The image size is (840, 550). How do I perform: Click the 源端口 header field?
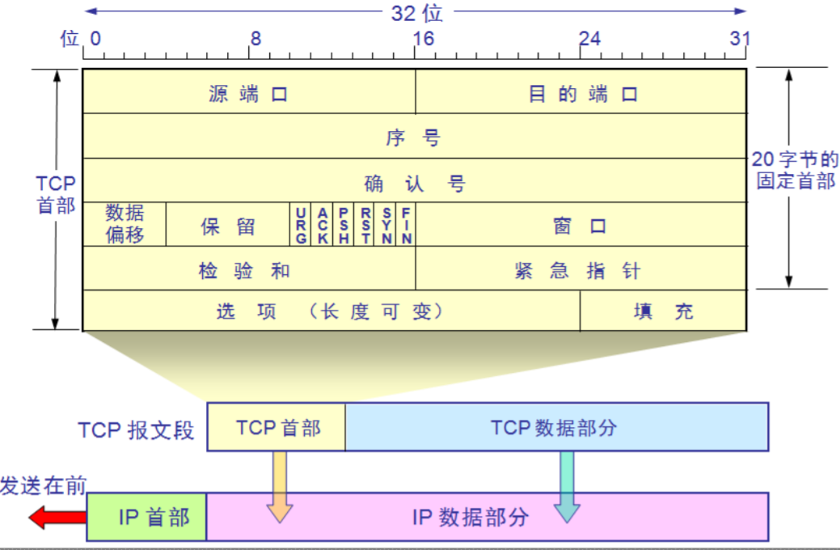[x=249, y=91]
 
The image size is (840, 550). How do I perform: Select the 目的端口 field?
[x=581, y=91]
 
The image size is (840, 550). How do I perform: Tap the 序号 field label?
[x=413, y=137]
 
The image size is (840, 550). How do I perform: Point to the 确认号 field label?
[x=415, y=184]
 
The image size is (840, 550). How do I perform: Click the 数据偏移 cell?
[x=125, y=224]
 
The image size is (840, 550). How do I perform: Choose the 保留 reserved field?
[x=228, y=224]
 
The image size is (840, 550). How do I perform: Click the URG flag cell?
[x=301, y=225]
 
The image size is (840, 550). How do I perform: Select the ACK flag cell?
[x=322, y=225]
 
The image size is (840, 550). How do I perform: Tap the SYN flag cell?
[x=386, y=225]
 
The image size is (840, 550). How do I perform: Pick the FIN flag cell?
[x=406, y=225]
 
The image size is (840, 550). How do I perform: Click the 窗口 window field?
[x=581, y=224]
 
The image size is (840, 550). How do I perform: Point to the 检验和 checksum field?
[x=249, y=269]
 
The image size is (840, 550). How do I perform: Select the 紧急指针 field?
[x=581, y=269]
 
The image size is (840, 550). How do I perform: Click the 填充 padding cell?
[x=663, y=311]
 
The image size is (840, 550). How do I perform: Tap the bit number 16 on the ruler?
[x=423, y=38]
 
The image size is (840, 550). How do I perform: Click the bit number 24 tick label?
[x=589, y=38]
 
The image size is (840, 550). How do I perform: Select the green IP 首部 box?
[x=147, y=517]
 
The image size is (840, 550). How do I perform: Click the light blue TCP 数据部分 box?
[x=556, y=427]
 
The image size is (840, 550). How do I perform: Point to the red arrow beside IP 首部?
[x=57, y=518]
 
